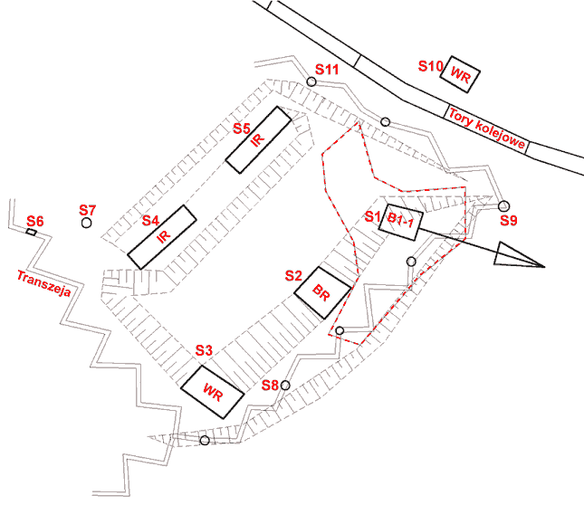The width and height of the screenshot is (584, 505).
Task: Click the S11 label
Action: click(x=327, y=69)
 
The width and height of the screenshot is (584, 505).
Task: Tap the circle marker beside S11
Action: click(x=311, y=81)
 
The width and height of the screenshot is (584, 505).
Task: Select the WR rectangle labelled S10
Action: click(x=460, y=74)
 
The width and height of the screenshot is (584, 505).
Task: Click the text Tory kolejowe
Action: click(x=487, y=129)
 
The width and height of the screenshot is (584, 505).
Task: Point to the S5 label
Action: click(x=242, y=129)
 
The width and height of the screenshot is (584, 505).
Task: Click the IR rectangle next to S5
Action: click(x=258, y=140)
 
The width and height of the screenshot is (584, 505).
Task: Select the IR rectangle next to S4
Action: click(x=162, y=237)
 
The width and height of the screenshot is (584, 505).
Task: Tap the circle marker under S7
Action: click(x=86, y=223)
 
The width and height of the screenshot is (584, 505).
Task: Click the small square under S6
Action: click(x=32, y=233)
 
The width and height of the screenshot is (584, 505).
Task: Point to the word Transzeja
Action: click(x=44, y=283)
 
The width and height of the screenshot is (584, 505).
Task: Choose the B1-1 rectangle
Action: click(x=401, y=223)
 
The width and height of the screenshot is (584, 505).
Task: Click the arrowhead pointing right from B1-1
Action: click(x=519, y=257)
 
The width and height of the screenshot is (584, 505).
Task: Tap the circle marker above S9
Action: click(x=503, y=205)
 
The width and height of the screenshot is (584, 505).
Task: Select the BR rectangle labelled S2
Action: click(x=322, y=293)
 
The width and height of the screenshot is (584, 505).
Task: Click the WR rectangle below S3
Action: click(x=212, y=392)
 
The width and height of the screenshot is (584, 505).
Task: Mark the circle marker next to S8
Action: click(x=285, y=386)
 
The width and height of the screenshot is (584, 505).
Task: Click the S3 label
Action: click(x=204, y=350)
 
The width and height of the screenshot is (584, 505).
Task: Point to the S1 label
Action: click(x=372, y=216)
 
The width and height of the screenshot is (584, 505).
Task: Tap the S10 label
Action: click(x=430, y=66)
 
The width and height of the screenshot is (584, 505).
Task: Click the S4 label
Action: click(x=150, y=221)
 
